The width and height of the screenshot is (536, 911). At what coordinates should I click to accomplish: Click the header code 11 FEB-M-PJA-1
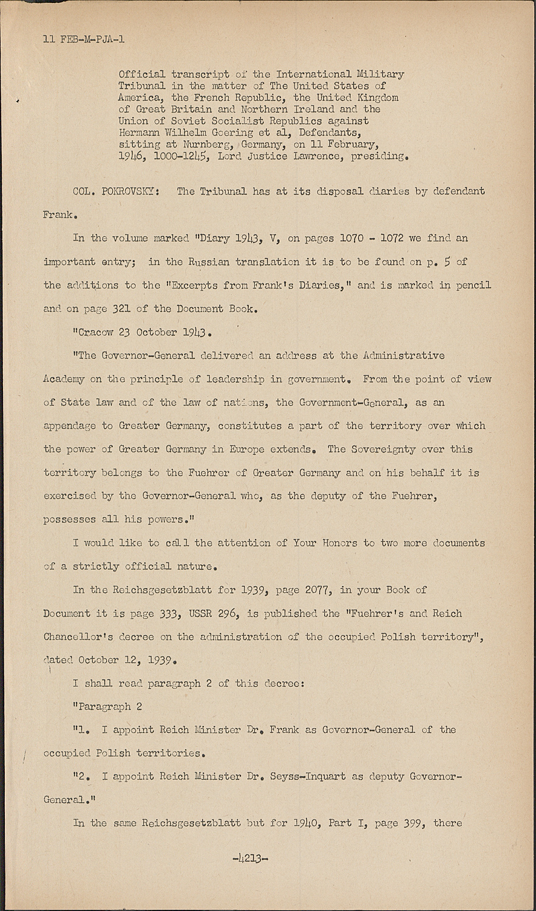click(84, 40)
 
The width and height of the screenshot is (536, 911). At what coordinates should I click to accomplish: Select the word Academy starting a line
click(64, 379)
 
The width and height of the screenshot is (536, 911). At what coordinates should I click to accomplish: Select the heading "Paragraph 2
click(107, 706)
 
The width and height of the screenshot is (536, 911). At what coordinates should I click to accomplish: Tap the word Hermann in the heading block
click(140, 133)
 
